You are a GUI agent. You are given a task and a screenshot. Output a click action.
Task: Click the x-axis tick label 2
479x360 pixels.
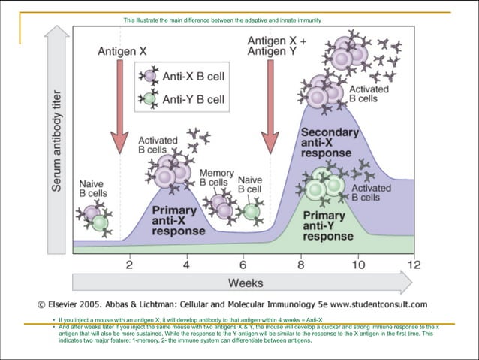[129, 264]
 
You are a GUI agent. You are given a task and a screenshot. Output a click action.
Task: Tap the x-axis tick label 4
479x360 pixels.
[186, 264]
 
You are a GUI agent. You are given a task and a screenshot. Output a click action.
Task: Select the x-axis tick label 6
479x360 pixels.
[243, 264]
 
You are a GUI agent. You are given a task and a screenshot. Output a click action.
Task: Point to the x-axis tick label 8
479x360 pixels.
[300, 264]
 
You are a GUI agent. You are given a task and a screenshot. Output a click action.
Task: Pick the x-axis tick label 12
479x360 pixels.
[414, 264]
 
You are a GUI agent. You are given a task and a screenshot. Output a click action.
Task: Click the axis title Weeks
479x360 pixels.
[246, 283]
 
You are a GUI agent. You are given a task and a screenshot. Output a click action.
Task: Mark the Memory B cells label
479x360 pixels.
[217, 177]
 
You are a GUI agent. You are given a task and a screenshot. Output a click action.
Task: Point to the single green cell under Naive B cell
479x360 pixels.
[252, 211]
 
